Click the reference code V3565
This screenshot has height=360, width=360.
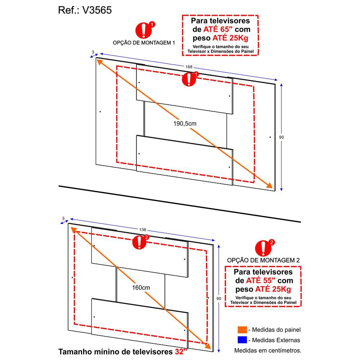pyautogui.click(x=97, y=10)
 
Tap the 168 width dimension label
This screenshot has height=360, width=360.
pyautogui.click(x=189, y=67)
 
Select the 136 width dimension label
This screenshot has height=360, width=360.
pyautogui.click(x=143, y=230)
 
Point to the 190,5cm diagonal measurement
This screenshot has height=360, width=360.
pyautogui.click(x=185, y=123)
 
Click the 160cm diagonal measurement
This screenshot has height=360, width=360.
pyautogui.click(x=141, y=287)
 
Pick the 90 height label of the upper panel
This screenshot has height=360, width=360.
pyautogui.click(x=282, y=137)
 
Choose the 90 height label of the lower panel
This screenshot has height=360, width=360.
pyautogui.click(x=219, y=298)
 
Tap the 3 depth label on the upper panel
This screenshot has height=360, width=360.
pyautogui.click(x=93, y=52)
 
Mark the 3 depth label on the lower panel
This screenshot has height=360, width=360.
pyautogui.click(x=63, y=219)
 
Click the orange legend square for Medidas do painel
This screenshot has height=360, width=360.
pyautogui.click(x=242, y=330)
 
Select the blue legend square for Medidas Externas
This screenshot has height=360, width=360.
pyautogui.click(x=242, y=340)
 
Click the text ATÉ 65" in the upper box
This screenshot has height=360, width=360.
pyautogui.click(x=218, y=30)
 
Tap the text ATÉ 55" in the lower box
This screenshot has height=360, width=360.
pyautogui.click(x=261, y=280)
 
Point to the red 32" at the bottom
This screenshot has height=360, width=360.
pyautogui.click(x=181, y=351)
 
